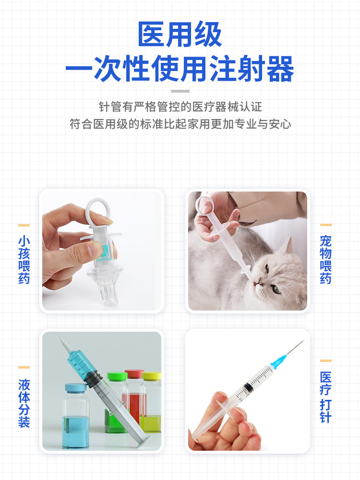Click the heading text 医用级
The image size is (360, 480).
click(x=180, y=35)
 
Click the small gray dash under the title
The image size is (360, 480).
click(x=180, y=91)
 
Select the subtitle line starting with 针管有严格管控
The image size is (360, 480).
click(x=180, y=107)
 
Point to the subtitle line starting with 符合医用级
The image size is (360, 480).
click(x=180, y=124)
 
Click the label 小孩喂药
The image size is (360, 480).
click(x=24, y=260)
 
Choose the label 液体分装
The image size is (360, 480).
click(x=24, y=403)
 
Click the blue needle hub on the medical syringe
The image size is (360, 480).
click(x=277, y=362)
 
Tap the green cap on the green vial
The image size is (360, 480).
click(x=117, y=377)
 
